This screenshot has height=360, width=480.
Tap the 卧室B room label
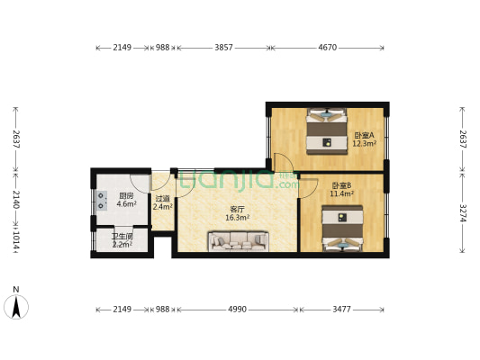pyautogui.click(x=341, y=186)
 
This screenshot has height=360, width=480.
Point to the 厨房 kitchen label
pyautogui.click(x=126, y=196)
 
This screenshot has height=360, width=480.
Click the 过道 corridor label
pyautogui.click(x=162, y=200)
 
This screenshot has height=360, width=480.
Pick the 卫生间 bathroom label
pyautogui.click(x=122, y=237)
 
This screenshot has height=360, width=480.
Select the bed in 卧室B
pyautogui.click(x=340, y=229)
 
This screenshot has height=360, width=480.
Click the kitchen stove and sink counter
pyautogui.click(x=102, y=202)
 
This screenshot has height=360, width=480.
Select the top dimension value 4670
pyautogui.click(x=328, y=47)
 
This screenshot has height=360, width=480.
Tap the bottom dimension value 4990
pyautogui.click(x=237, y=310)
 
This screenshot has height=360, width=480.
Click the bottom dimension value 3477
pyautogui.click(x=343, y=310)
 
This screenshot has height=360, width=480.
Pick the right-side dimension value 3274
pyautogui.click(x=463, y=213)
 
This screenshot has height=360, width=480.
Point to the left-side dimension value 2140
pyautogui.click(x=15, y=199)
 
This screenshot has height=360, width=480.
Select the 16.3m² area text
pyautogui.click(x=237, y=217)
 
